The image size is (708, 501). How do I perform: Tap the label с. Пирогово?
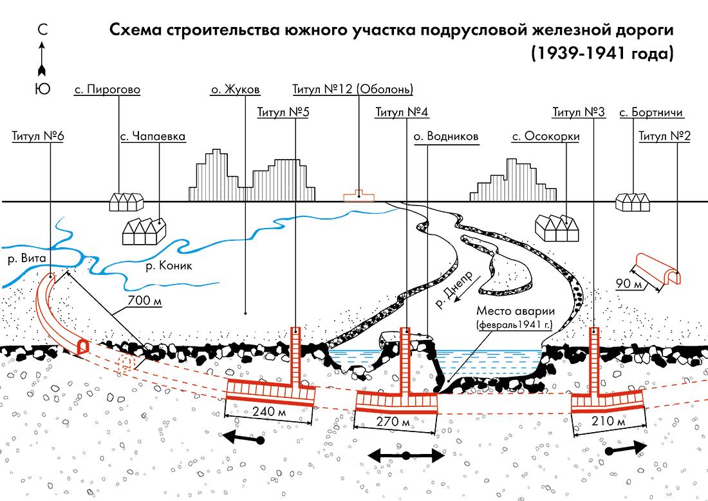tap(107, 90)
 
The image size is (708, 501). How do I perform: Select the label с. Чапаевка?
tap(153, 137)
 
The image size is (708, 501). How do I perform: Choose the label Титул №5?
tap(283, 113)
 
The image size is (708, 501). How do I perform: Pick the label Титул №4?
tap(402, 113)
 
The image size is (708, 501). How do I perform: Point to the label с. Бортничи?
tap(651, 113)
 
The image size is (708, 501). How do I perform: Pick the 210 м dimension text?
tap(609, 421)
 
